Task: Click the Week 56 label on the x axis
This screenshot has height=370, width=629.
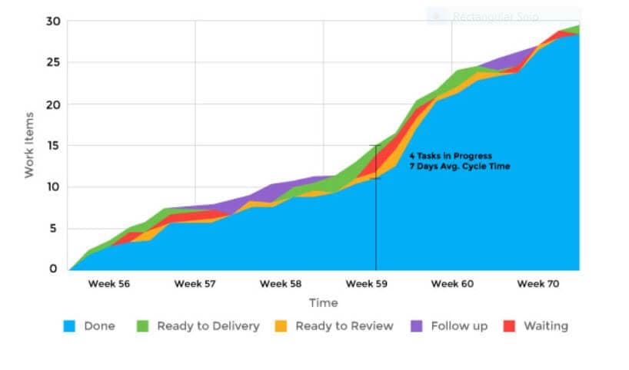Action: pos(108,284)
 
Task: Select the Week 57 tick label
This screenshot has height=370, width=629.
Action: pos(195,284)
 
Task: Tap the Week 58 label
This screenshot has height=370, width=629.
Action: pos(281,284)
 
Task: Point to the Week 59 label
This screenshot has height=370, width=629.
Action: pos(367,284)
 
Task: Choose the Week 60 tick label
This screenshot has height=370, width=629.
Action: pos(452,284)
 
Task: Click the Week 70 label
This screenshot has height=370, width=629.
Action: pos(538,284)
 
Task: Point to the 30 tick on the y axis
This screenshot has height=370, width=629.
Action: pos(52,21)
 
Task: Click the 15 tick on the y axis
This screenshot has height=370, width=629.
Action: pos(52,145)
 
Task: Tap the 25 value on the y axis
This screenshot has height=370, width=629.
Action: pos(52,62)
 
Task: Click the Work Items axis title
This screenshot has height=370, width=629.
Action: pos(30,145)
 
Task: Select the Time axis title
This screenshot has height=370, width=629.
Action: pos(323,303)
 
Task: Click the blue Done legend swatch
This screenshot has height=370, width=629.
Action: pos(68,326)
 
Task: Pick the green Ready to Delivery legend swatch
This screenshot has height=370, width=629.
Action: pos(141,326)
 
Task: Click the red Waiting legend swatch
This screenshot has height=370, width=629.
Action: pos(508,326)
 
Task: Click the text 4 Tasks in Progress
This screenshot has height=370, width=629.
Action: pos(450,156)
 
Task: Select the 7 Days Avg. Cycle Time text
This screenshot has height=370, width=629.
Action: pos(459,167)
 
